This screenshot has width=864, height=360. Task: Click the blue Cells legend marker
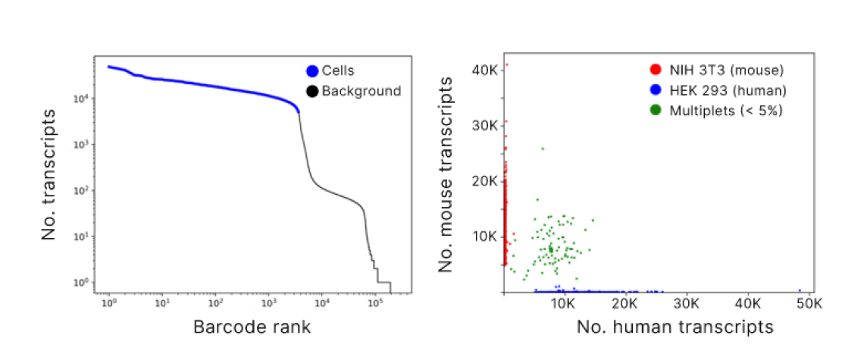coord(311,72)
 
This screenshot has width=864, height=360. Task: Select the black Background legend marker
coord(311,92)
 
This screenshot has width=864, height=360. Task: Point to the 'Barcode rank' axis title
coord(252,327)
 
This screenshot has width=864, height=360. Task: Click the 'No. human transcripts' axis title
coord(675,327)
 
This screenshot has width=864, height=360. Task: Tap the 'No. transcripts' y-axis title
coord(50,174)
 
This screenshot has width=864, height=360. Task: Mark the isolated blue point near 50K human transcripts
coord(799,290)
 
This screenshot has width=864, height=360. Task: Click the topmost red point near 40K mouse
coord(506,64)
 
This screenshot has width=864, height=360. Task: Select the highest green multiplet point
coord(543,149)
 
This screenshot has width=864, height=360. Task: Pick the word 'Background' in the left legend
coord(361,92)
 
